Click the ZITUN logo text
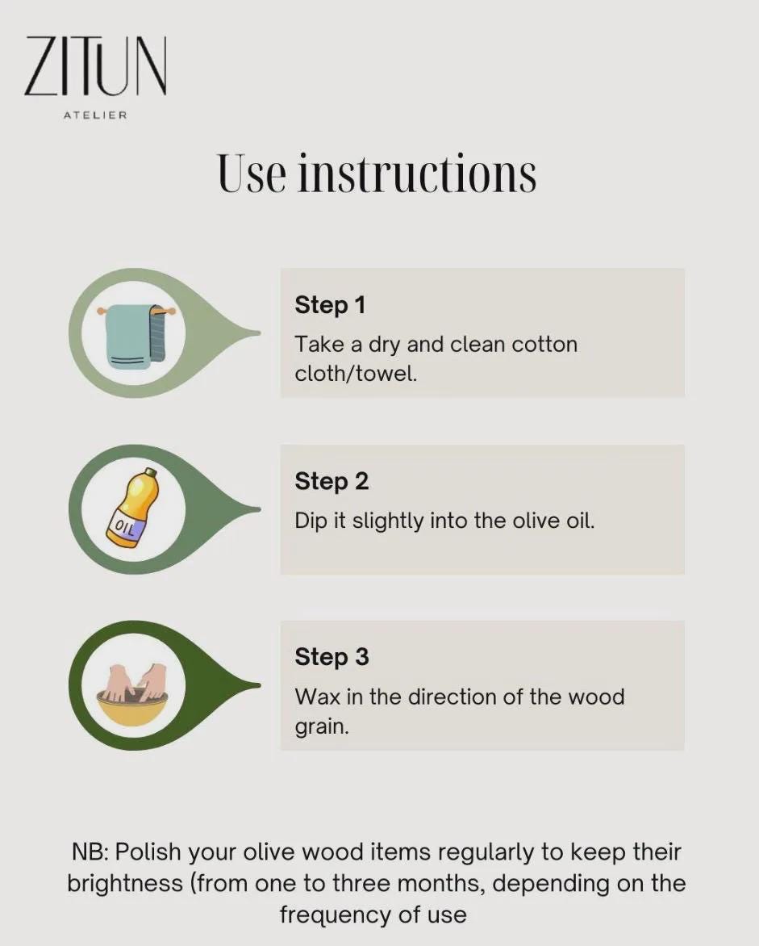95,66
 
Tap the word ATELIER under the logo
95,115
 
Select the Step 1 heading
330,305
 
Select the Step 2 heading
332,481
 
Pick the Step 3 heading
332,657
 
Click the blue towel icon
136,335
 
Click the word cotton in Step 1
544,345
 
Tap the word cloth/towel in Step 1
356,374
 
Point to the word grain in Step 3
321,727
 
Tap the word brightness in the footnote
125,884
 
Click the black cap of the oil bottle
151,471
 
